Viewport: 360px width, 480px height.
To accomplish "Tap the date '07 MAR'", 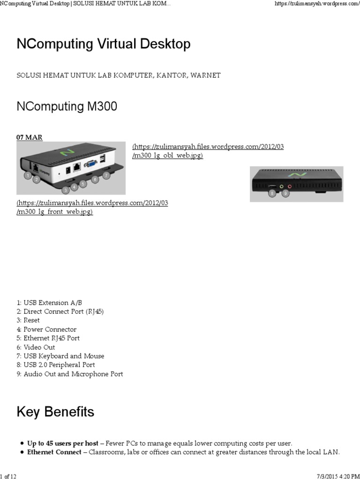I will pyautogui.click(x=30, y=137).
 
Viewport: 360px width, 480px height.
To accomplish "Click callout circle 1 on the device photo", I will pyautogui.click(x=28, y=175).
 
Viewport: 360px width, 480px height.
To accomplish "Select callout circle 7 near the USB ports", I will pyautogui.click(x=106, y=175).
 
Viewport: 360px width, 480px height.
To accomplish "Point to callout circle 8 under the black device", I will pyautogui.click(x=272, y=193).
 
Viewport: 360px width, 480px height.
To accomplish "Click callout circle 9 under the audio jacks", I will pyautogui.click(x=285, y=193).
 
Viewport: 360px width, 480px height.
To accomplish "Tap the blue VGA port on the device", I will pyautogui.click(x=90, y=164).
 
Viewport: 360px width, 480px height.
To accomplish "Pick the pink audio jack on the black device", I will pyautogui.click(x=289, y=186).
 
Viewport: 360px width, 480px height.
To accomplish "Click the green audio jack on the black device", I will pyautogui.click(x=282, y=186).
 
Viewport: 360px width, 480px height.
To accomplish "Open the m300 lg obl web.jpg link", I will pyautogui.click(x=208, y=151).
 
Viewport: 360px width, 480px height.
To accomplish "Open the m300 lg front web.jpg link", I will pyautogui.click(x=92, y=207).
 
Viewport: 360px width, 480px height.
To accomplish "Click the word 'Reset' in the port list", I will pyautogui.click(x=32, y=320).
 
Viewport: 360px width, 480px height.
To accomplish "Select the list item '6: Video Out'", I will pyautogui.click(x=36, y=347).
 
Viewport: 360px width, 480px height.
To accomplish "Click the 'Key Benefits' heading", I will pyautogui.click(x=55, y=412).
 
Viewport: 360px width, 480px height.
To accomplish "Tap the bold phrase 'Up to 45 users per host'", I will pyautogui.click(x=63, y=443).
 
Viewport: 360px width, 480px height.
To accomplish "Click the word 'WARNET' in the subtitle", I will pyautogui.click(x=205, y=75).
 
